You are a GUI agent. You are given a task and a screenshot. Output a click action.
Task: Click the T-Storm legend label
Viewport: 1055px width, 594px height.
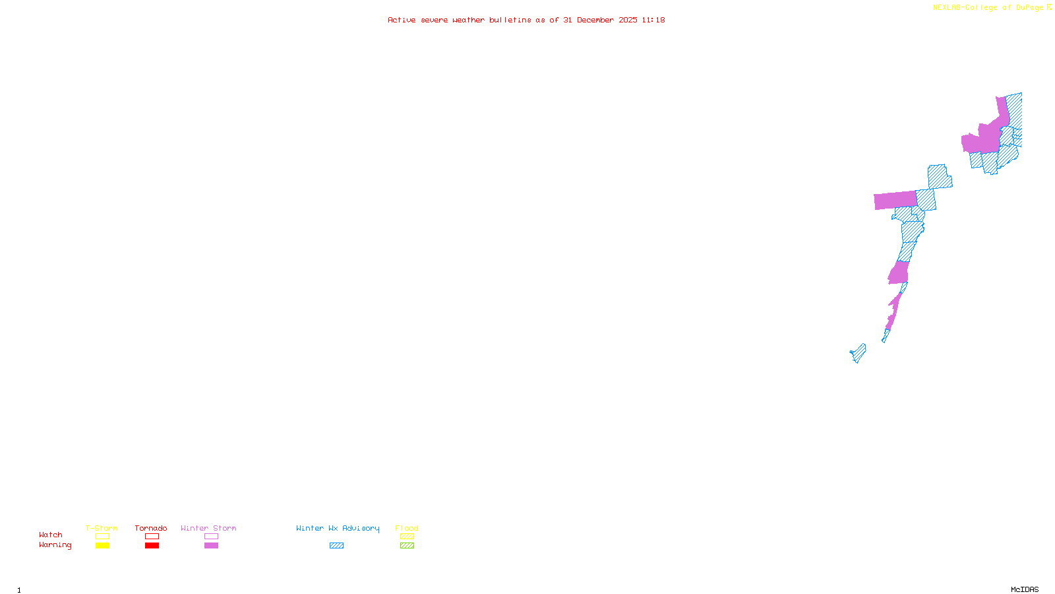(x=102, y=528)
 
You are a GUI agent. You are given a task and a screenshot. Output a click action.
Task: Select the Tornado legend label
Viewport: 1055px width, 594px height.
(x=151, y=528)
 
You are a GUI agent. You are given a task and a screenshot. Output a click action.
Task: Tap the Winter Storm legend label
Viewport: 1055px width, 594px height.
(x=208, y=528)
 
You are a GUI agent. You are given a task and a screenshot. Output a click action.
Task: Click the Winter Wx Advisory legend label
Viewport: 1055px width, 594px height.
(x=338, y=528)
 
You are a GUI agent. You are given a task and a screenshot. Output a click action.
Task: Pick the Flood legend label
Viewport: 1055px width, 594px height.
(x=407, y=528)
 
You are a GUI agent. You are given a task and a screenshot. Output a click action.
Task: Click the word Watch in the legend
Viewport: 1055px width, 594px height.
(x=51, y=535)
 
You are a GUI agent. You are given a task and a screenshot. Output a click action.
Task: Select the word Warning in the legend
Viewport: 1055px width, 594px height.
(x=55, y=545)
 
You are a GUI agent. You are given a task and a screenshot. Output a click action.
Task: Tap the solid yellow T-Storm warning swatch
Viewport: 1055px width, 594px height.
(x=102, y=546)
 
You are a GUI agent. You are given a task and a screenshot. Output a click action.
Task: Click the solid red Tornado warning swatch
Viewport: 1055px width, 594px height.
(x=152, y=546)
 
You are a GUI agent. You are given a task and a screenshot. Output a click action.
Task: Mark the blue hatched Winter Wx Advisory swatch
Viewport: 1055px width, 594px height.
(x=336, y=546)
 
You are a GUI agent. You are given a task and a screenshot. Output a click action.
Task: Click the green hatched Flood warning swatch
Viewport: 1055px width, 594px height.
(x=407, y=546)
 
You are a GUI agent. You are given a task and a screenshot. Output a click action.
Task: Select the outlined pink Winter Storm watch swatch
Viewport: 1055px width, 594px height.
(x=211, y=537)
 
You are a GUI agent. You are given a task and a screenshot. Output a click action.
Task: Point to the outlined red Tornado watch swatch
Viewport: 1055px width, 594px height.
(x=152, y=537)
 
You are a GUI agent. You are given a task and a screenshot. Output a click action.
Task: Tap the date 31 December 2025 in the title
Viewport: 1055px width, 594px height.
(x=600, y=20)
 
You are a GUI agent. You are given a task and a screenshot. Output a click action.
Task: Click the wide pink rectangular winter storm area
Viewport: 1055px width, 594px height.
(x=895, y=200)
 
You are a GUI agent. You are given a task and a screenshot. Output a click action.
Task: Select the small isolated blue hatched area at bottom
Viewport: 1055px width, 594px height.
(x=859, y=353)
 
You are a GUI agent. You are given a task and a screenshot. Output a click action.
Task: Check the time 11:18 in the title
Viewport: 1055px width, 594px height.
(x=653, y=20)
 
